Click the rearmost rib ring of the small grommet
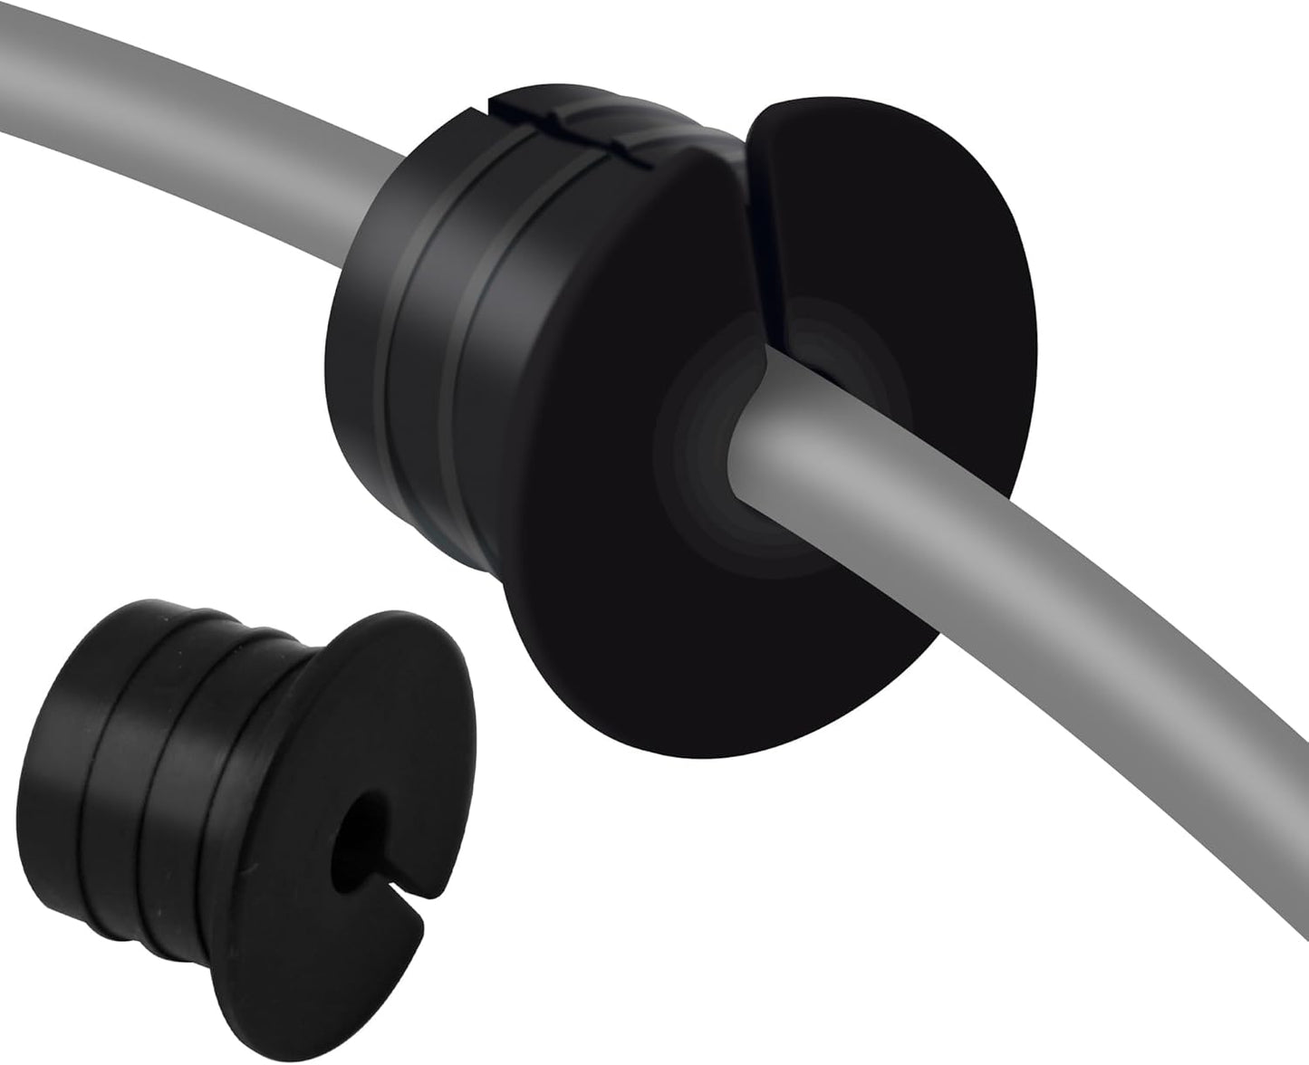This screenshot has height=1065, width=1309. coord(63,752)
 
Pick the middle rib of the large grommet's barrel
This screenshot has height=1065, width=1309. coord(426,362)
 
